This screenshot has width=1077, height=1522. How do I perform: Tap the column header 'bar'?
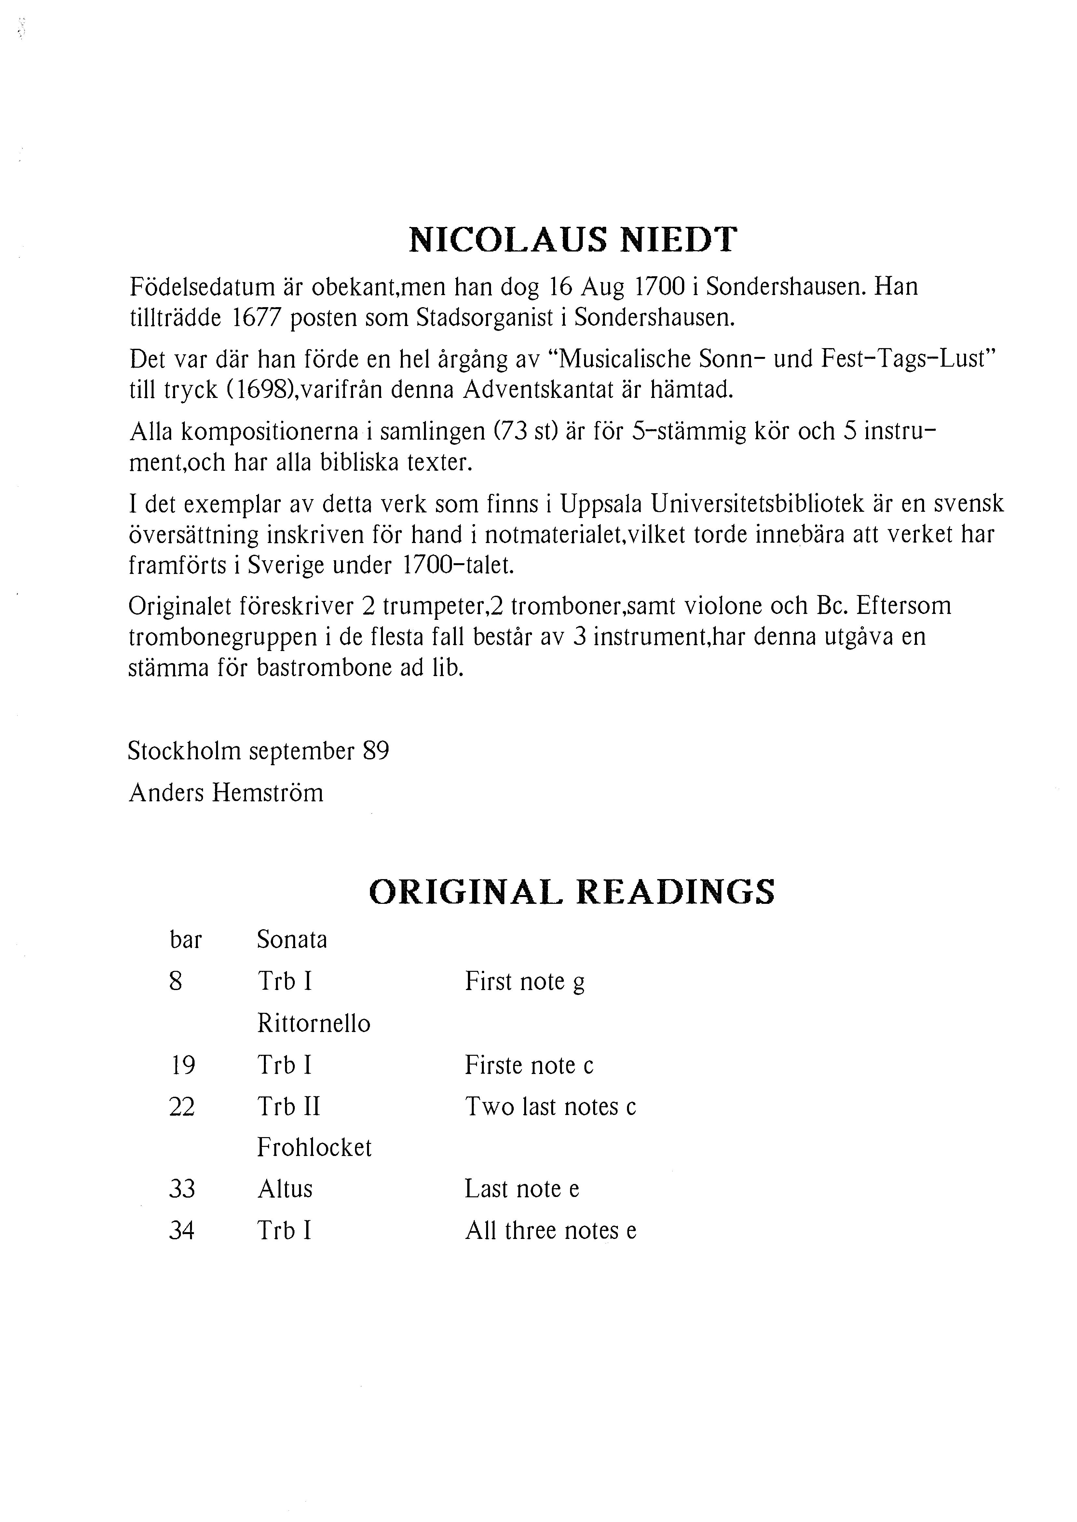coord(186,940)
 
